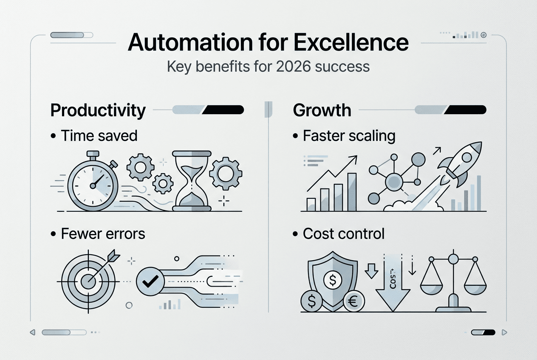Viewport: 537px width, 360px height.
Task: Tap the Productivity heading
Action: click(98, 110)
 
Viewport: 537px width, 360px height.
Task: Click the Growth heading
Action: click(322, 110)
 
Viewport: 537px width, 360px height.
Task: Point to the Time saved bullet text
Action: click(99, 135)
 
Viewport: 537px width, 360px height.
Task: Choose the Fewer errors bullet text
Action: click(103, 233)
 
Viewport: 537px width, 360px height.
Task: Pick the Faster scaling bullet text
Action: click(349, 136)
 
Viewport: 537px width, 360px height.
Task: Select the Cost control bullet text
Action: click(344, 233)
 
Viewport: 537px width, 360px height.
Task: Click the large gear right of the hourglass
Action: click(226, 174)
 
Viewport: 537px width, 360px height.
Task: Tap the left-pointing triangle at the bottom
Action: click(32, 332)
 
